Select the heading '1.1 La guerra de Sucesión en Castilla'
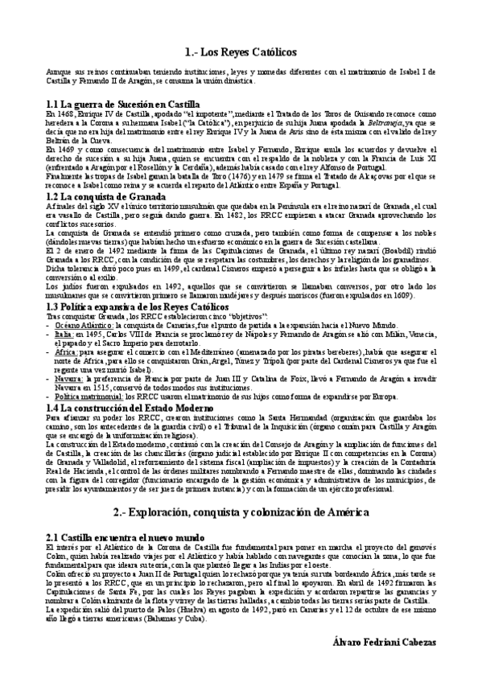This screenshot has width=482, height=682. [x=122, y=105]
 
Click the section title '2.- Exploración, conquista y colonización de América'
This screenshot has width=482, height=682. [x=241, y=512]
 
